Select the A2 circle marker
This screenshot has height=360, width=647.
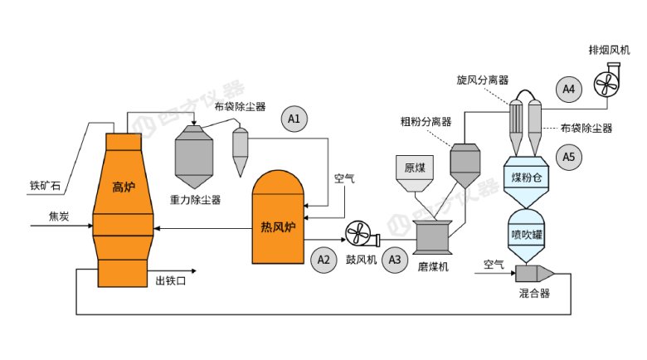click(x=324, y=260)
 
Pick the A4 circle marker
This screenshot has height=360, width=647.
click(x=568, y=88)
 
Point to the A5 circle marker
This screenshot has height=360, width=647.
click(x=568, y=155)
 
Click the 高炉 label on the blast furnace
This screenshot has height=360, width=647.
click(x=124, y=187)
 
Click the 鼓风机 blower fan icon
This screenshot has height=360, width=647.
click(x=362, y=234)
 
